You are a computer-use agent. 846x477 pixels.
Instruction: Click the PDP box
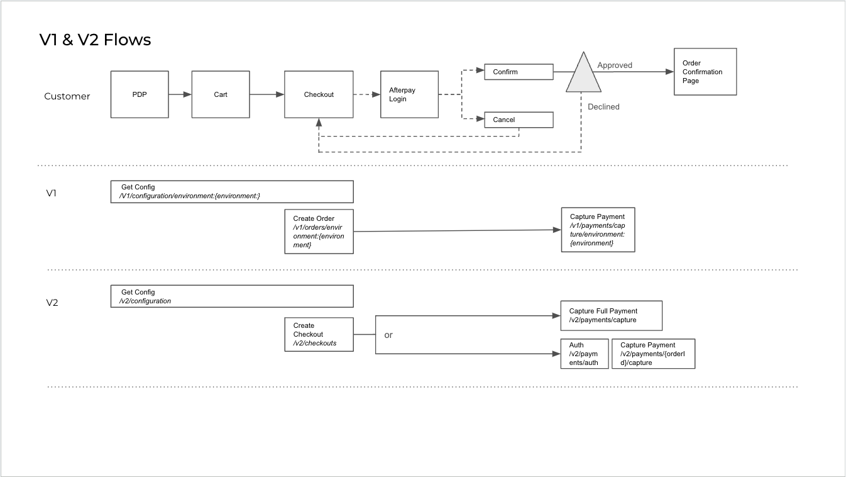click(x=140, y=94)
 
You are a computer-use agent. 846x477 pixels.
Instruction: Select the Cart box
click(x=220, y=94)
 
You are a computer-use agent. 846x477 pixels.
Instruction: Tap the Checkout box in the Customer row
click(x=319, y=94)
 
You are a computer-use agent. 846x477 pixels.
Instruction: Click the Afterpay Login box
click(x=409, y=94)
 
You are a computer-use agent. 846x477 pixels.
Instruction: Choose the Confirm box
click(x=519, y=72)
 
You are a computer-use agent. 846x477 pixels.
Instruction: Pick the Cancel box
click(x=519, y=120)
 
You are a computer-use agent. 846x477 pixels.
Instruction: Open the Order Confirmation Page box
click(x=705, y=72)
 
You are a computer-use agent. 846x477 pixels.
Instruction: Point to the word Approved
click(x=615, y=65)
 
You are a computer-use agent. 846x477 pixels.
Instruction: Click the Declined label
click(x=603, y=107)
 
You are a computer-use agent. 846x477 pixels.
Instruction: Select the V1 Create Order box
click(x=319, y=232)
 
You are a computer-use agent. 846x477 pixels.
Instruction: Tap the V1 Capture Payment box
click(x=598, y=230)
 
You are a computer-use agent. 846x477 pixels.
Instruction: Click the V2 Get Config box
click(x=232, y=296)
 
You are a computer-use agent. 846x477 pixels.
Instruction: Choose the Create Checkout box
click(x=319, y=334)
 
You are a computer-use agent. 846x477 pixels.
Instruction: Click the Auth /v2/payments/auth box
click(x=585, y=354)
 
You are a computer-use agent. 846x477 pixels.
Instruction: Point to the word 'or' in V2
click(x=388, y=335)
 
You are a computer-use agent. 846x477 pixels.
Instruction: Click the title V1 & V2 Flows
click(x=95, y=40)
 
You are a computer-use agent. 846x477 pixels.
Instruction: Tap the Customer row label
click(x=67, y=96)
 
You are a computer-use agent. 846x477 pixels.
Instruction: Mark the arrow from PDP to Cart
click(x=180, y=94)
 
